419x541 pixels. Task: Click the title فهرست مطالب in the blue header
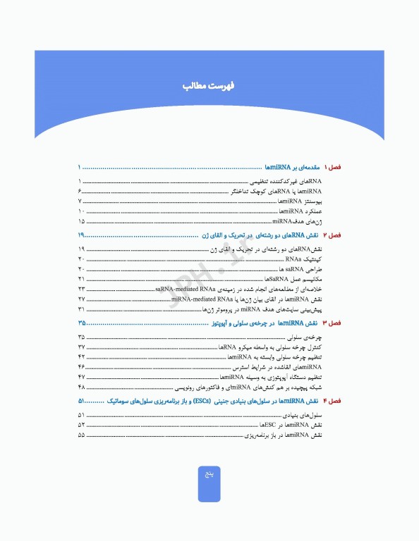(x=209, y=87)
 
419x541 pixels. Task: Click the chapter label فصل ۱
(x=331, y=168)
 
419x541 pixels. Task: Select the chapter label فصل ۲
(x=331, y=234)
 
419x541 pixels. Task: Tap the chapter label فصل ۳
(x=331, y=322)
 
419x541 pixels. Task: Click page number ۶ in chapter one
(x=80, y=192)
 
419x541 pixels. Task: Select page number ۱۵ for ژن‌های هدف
(x=82, y=221)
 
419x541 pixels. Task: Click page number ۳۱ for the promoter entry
(x=82, y=309)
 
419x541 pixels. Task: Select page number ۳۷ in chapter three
(x=82, y=348)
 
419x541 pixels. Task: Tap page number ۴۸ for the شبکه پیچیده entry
(x=82, y=387)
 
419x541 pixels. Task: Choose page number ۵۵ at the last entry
(x=82, y=436)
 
